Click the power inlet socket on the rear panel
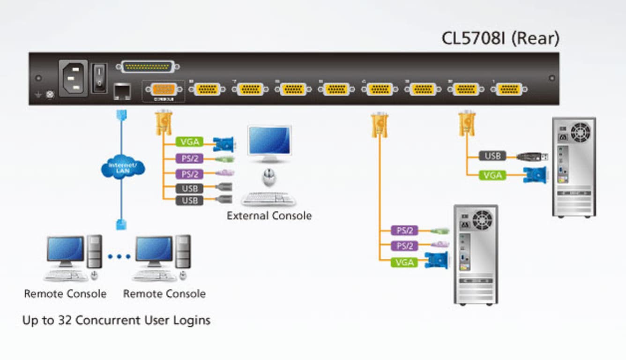[x=73, y=78]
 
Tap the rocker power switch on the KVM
[x=99, y=78]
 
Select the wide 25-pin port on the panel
[x=147, y=67]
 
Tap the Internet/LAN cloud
[x=122, y=167]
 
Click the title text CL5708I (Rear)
[x=500, y=38]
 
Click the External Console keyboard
[x=268, y=199]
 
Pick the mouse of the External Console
[x=269, y=177]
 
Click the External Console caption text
[x=269, y=216]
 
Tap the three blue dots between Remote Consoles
[x=119, y=256]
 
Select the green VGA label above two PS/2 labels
[x=189, y=142]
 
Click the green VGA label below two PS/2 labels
[x=404, y=262]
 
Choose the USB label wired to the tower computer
[x=492, y=156]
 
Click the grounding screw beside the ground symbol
[x=50, y=95]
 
